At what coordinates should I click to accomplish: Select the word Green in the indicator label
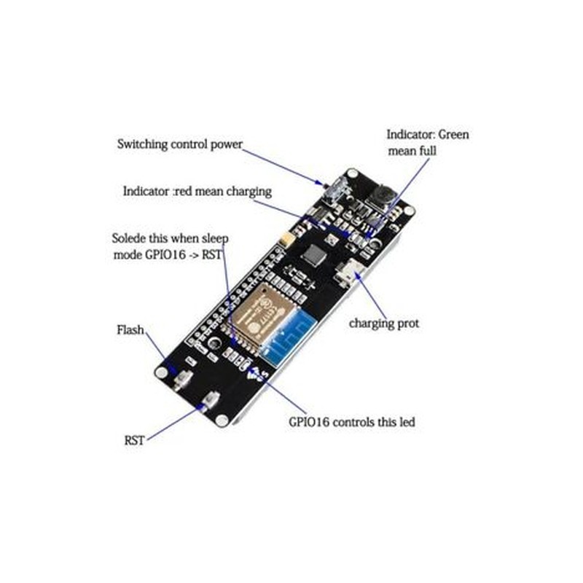click(453, 134)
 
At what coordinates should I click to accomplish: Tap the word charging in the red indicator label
click(249, 192)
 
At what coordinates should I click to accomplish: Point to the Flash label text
click(130, 330)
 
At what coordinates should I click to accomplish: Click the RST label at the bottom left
click(134, 441)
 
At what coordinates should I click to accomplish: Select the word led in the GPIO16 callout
click(407, 422)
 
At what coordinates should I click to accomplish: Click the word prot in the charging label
click(408, 324)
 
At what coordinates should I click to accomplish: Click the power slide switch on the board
click(337, 189)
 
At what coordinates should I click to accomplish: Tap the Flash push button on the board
click(183, 380)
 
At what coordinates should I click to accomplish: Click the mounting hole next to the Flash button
click(161, 372)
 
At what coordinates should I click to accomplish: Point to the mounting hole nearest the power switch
click(352, 174)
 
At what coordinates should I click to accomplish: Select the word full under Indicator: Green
click(428, 151)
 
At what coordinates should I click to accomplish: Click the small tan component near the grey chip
click(288, 238)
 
